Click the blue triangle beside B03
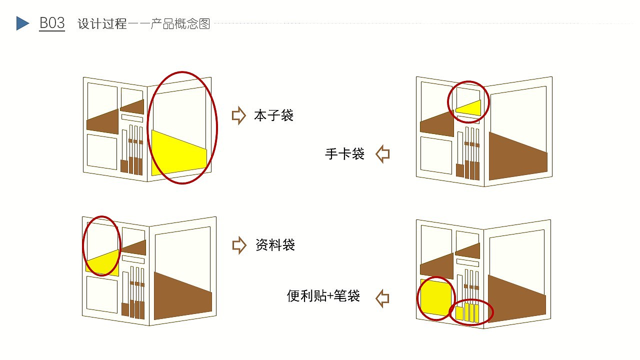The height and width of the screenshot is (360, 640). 22,23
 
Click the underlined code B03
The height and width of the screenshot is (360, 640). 52,23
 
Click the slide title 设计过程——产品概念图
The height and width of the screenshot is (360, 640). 144,24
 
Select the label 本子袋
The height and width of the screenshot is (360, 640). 273,116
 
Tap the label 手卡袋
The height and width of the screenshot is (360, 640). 344,154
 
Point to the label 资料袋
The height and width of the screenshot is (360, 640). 275,245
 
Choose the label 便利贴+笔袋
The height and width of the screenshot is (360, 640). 323,296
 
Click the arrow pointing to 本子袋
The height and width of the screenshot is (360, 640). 239,115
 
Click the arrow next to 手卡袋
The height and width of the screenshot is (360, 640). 382,153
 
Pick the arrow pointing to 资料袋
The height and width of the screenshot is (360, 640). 239,245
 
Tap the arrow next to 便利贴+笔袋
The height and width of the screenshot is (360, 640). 382,298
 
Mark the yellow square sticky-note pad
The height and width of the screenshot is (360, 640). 435,297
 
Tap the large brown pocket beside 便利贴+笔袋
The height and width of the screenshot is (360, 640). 515,298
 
